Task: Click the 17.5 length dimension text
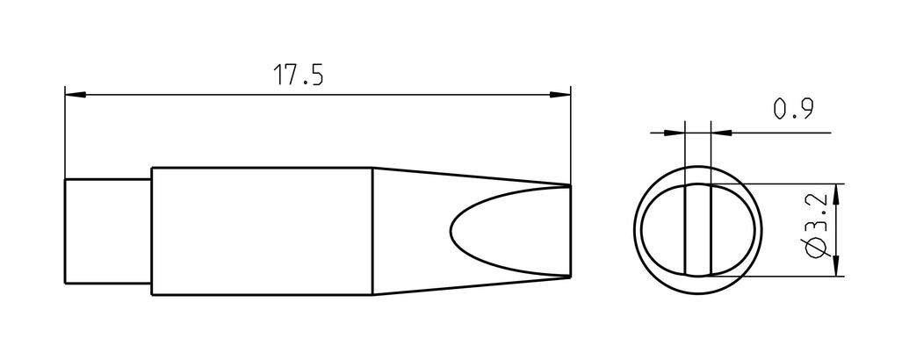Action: click(298, 76)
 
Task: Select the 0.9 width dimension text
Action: click(794, 108)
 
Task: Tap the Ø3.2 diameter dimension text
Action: click(816, 226)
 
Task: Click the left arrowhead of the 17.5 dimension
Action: click(76, 94)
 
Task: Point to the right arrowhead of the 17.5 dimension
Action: click(559, 94)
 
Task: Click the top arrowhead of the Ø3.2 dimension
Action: click(835, 195)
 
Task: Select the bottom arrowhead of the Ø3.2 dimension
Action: click(835, 265)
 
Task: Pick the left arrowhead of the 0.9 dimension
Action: click(675, 133)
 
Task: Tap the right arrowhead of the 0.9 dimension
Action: click(721, 133)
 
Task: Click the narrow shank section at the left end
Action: click(108, 231)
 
